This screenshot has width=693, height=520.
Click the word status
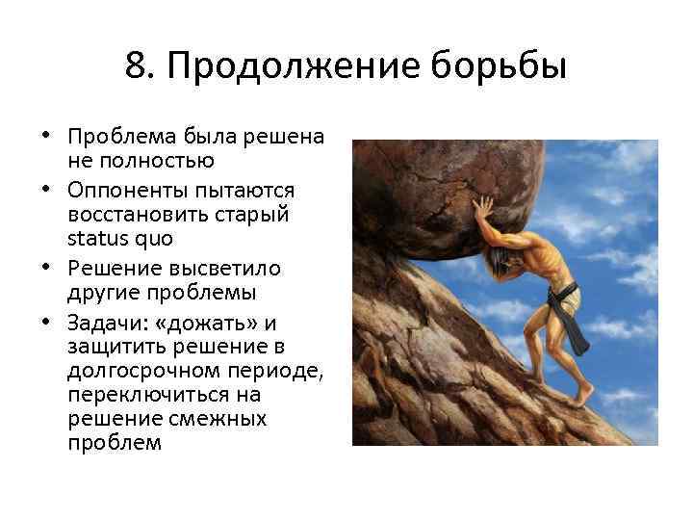pyautogui.click(x=95, y=237)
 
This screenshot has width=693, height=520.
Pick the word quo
pyautogui.click(x=147, y=238)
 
